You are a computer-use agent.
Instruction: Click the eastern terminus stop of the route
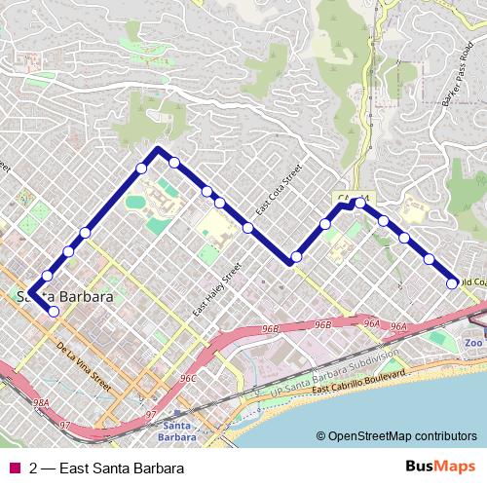(452, 283)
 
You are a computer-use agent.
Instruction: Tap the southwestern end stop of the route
(54, 312)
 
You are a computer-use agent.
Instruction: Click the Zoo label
(472, 344)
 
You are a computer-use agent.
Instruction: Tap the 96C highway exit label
(188, 378)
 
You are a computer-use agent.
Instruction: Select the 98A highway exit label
(40, 401)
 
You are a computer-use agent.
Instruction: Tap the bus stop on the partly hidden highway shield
(359, 203)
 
